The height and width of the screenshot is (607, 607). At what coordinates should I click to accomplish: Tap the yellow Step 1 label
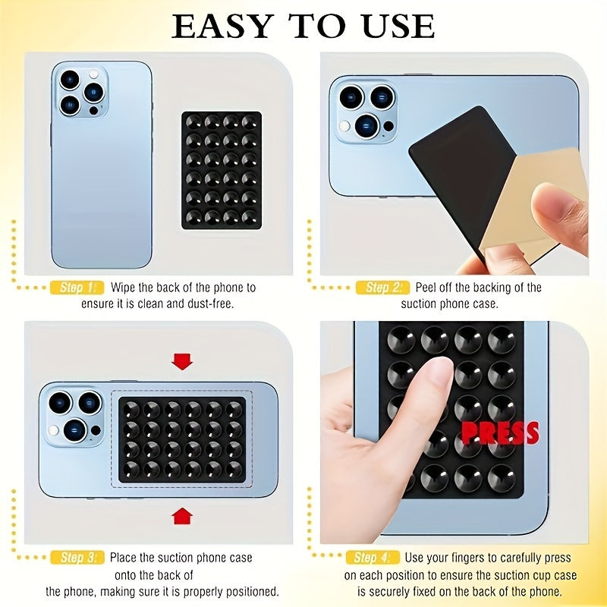tap(76, 288)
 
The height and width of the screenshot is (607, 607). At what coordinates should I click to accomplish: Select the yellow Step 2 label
tap(382, 288)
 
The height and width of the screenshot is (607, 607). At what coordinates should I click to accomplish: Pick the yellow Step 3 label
tap(76, 558)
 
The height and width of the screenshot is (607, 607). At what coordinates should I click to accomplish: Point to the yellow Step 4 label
tap(373, 558)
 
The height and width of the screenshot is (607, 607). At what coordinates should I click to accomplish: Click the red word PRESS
tap(500, 433)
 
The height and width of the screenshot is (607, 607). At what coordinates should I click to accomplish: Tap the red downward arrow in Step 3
tap(181, 360)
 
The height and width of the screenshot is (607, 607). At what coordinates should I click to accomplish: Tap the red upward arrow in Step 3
tap(181, 516)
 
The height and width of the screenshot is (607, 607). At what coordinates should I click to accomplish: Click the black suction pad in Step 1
tap(222, 170)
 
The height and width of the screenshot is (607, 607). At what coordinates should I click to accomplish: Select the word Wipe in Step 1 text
tap(124, 288)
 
